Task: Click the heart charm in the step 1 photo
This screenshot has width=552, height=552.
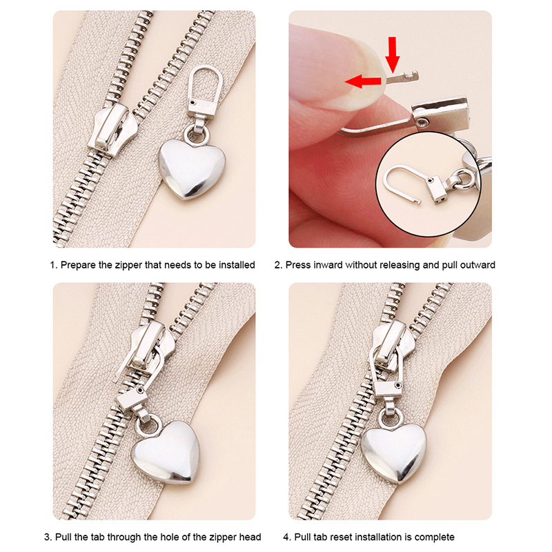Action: (192, 170)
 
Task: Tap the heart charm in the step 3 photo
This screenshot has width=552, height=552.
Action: (165, 452)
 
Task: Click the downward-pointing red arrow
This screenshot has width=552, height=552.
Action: (392, 55)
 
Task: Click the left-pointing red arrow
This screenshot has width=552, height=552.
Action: (363, 81)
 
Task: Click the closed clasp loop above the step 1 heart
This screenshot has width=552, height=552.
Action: (205, 84)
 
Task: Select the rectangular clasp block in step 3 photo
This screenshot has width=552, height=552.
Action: (132, 399)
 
